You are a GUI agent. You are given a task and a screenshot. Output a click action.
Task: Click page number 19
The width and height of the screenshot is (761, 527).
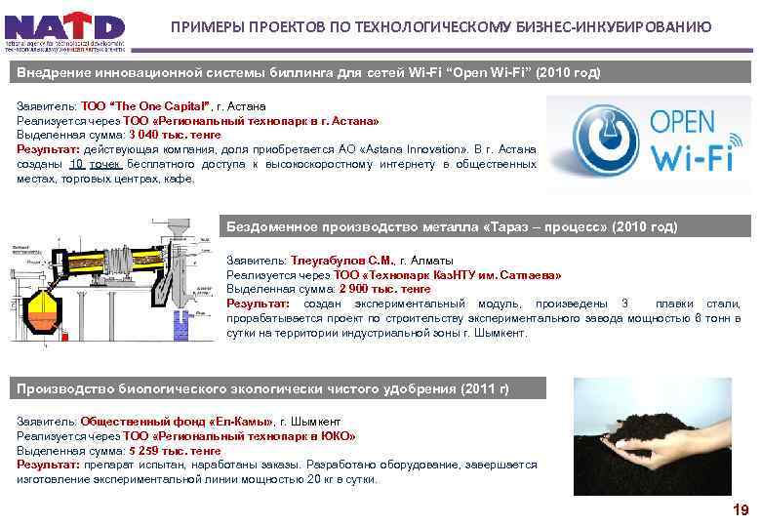click(x=741, y=510)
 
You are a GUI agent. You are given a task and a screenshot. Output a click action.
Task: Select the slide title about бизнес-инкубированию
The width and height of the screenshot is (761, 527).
click(x=441, y=26)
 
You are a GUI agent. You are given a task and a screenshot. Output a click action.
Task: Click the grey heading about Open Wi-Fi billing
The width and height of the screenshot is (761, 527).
click(x=308, y=74)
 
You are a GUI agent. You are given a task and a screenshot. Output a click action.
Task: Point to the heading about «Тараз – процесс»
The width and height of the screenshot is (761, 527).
click(x=452, y=226)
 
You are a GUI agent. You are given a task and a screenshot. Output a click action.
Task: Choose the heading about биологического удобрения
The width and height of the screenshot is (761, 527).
click(x=263, y=389)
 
